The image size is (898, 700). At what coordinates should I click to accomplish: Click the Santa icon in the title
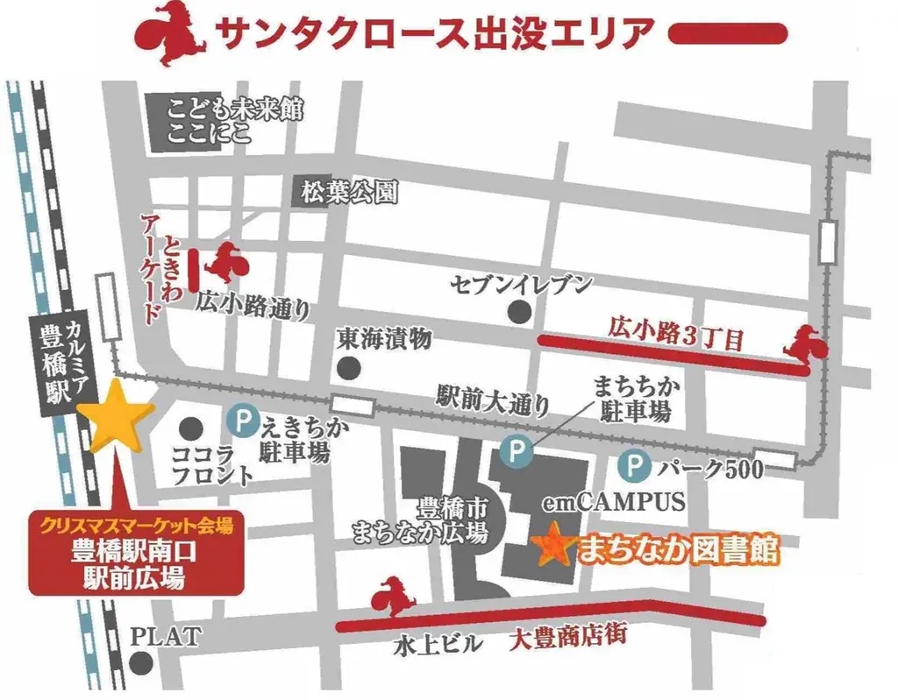pos(169,34)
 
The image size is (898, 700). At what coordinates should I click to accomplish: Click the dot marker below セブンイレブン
pos(521,310)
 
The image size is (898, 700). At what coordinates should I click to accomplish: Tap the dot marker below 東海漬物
pos(350,366)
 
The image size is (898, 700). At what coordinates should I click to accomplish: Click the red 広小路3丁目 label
pos(675,334)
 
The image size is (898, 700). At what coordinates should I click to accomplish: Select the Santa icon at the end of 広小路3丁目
pos(806,343)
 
